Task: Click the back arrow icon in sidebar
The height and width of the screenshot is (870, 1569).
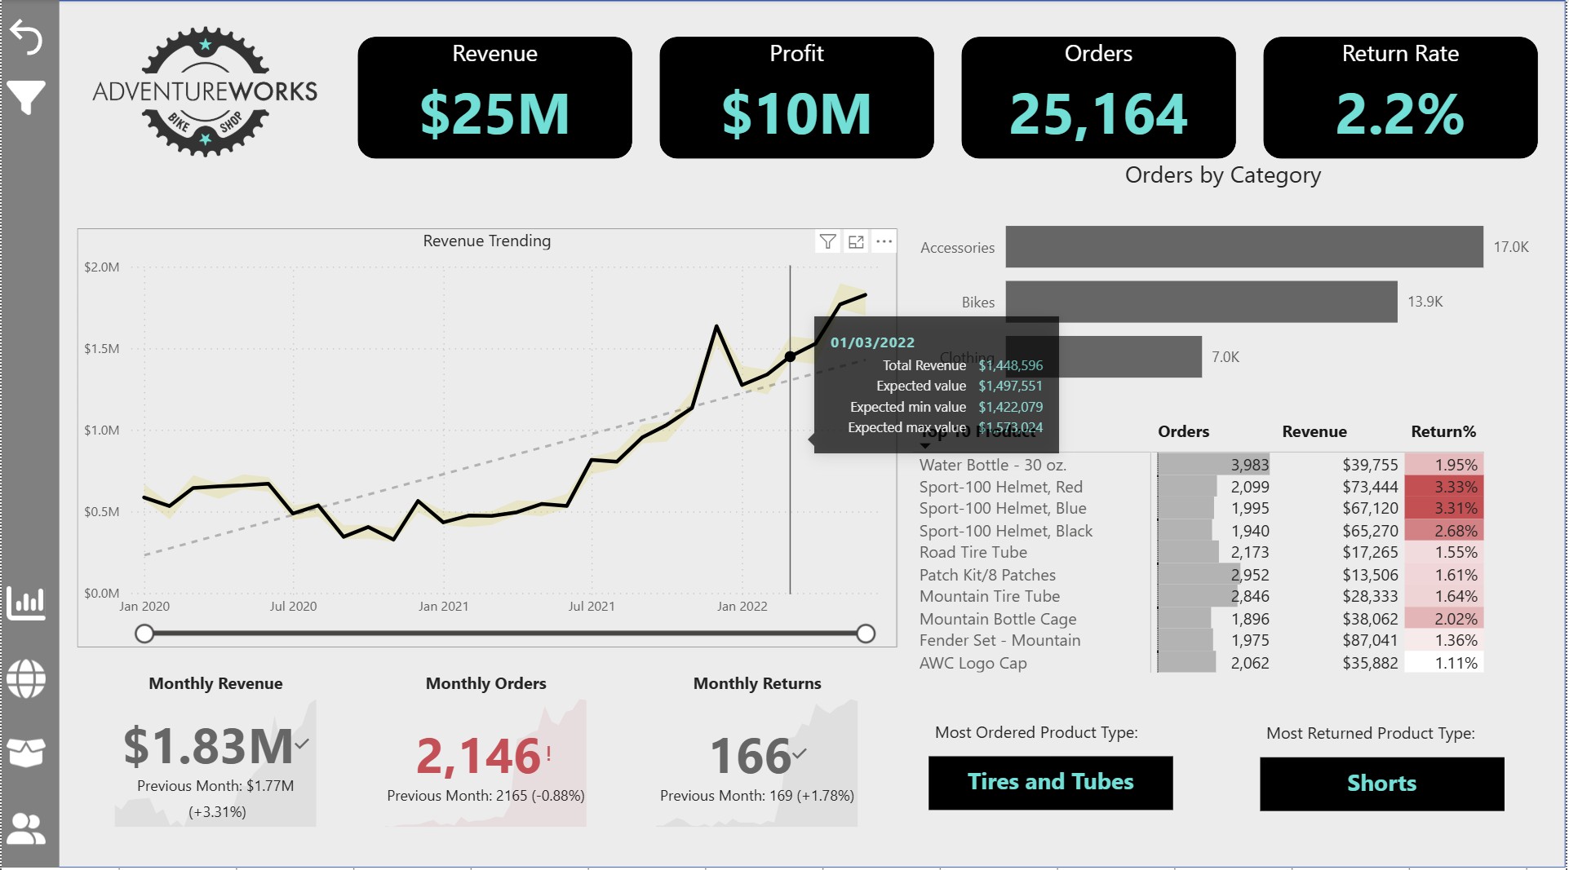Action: (x=26, y=38)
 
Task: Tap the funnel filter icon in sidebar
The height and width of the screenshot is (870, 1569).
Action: (x=26, y=97)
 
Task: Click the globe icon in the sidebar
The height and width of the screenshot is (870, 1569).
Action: (x=26, y=678)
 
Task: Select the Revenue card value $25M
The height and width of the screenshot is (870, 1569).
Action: (x=494, y=114)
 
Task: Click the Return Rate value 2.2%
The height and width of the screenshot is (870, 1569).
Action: (x=1399, y=114)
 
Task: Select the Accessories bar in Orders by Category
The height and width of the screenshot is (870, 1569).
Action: (x=1243, y=247)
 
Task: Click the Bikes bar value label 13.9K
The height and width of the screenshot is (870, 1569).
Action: (x=1425, y=302)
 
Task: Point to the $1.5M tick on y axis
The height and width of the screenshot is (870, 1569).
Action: (x=102, y=349)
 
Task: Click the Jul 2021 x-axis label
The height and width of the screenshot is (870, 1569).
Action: (x=592, y=607)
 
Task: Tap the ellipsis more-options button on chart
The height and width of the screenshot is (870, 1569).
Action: (x=884, y=241)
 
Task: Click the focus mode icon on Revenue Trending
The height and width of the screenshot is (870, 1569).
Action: (x=856, y=241)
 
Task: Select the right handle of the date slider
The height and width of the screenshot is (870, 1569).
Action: (x=866, y=634)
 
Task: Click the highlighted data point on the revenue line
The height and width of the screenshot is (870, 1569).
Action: (x=790, y=357)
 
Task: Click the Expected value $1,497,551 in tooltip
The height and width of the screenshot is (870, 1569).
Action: (x=1010, y=386)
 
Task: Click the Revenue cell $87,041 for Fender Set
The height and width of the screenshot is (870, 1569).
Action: (x=1370, y=641)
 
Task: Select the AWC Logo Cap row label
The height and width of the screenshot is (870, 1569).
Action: (x=973, y=663)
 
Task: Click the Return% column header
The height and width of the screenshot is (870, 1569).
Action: (x=1443, y=431)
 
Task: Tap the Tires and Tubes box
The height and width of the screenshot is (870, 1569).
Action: (x=1050, y=782)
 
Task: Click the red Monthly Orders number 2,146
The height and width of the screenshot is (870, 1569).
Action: (x=478, y=756)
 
